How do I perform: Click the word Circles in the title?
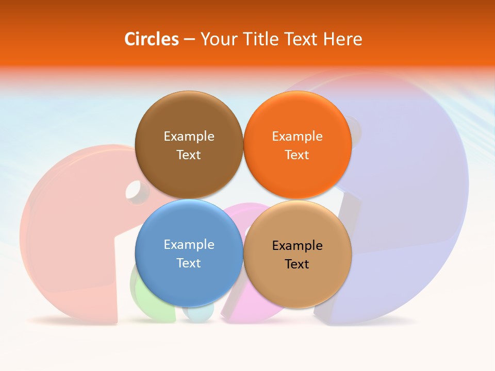[151, 39]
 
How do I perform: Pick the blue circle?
[189, 278]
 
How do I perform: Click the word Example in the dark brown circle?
[189, 137]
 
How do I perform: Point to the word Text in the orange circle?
[297, 155]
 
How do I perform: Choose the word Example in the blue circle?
[189, 245]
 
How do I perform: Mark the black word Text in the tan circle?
[297, 264]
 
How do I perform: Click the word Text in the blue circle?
[189, 263]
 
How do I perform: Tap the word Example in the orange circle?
[297, 137]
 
